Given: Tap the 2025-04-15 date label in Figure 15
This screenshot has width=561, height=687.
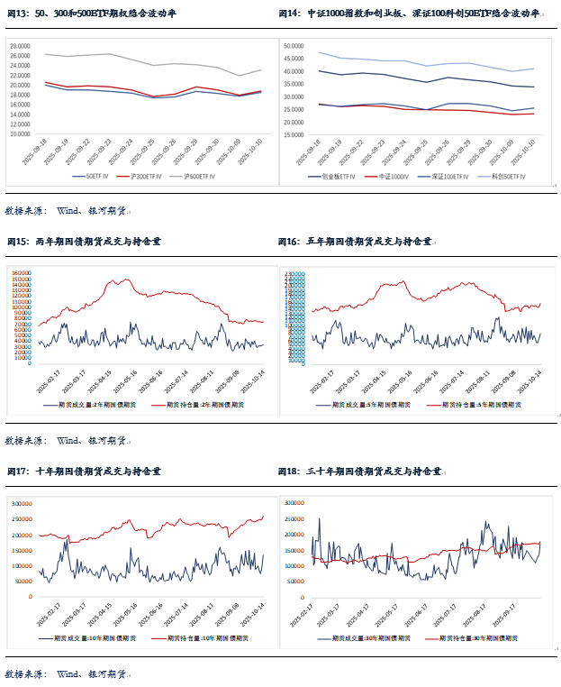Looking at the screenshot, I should [x=100, y=381].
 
